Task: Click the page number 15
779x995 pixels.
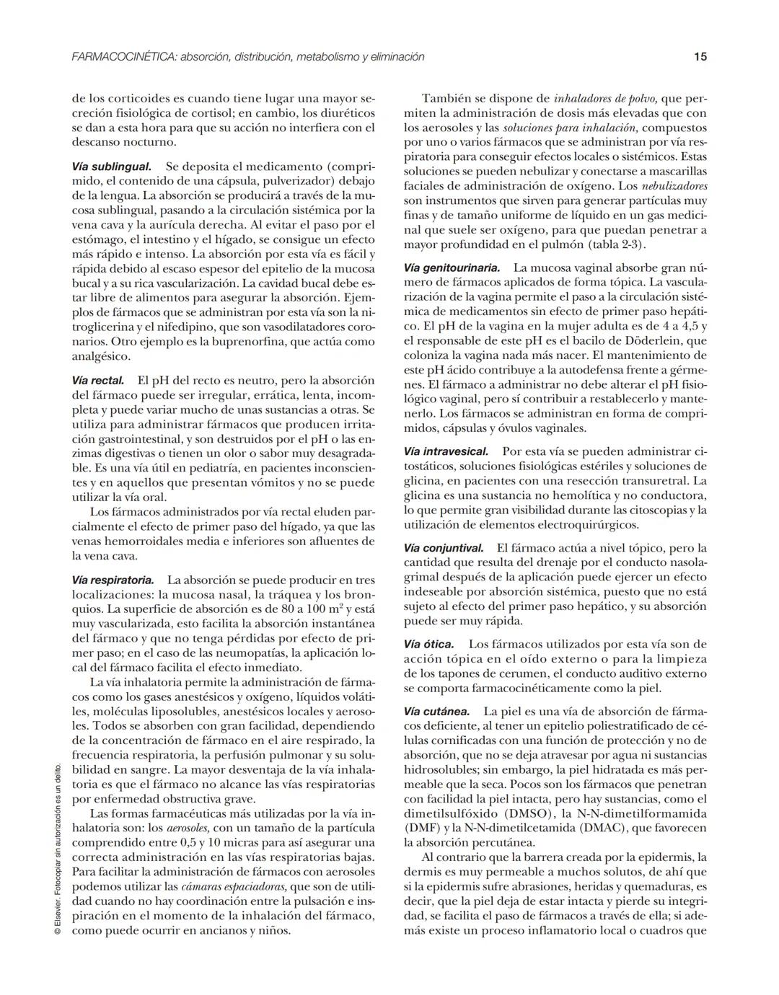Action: tap(700, 56)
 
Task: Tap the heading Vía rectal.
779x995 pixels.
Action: tap(98, 380)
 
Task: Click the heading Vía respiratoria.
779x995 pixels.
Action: tap(113, 580)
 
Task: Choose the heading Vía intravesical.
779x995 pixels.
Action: tap(446, 451)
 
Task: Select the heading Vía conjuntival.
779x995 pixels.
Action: tap(444, 548)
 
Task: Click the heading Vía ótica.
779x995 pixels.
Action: tap(428, 644)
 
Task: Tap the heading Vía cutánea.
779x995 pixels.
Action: tap(436, 711)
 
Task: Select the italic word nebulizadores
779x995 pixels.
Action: tap(674, 186)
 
